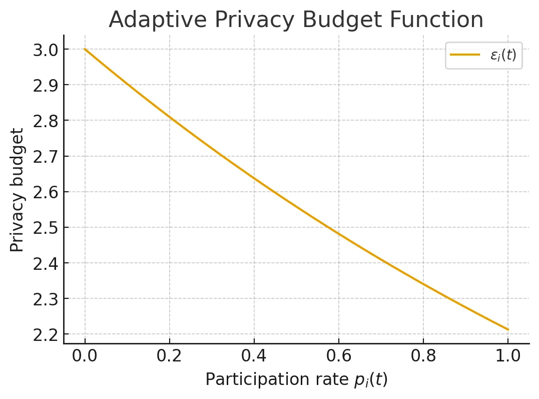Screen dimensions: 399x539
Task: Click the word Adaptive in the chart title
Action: [148, 20]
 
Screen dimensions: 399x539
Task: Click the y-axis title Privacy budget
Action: [17, 190]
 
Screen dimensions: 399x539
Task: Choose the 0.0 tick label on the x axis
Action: [85, 357]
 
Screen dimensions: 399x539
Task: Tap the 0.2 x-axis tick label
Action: [170, 357]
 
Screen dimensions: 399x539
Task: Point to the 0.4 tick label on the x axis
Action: [254, 357]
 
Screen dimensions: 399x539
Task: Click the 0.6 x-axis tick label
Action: [339, 357]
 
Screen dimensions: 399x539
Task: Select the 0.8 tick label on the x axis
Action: [423, 357]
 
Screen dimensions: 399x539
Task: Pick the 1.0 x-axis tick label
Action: [508, 357]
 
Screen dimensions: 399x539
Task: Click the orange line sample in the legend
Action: [465, 55]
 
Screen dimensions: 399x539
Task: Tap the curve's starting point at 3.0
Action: [85, 49]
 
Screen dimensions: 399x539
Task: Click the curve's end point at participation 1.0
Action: [508, 329]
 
